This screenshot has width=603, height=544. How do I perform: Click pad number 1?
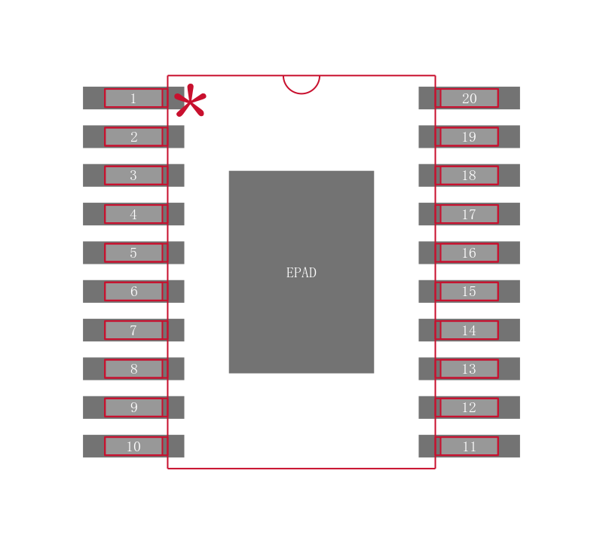point(133,98)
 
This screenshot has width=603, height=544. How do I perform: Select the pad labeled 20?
point(469,98)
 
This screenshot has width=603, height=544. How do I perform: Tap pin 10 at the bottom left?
point(133,446)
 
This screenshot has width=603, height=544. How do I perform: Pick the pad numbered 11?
point(469,446)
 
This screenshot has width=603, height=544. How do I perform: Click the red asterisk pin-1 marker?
point(190,102)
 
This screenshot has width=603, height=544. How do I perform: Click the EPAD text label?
point(301,273)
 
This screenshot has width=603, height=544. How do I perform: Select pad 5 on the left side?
point(133,252)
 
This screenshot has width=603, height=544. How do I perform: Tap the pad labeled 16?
point(469,252)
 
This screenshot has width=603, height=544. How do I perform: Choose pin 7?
point(133,330)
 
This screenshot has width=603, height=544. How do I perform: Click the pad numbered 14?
point(469,330)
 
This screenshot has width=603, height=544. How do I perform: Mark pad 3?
point(133,176)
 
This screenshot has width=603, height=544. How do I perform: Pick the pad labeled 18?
point(469,176)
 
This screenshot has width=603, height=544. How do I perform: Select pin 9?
point(133,408)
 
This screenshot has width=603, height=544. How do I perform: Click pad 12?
point(469,408)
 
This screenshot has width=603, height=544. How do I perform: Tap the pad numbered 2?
point(133,136)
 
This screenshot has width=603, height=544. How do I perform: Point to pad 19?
point(469,136)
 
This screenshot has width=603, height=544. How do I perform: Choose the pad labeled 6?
point(133,292)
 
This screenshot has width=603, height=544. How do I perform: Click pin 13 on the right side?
point(469,368)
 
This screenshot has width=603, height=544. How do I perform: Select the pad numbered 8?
point(133,368)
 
